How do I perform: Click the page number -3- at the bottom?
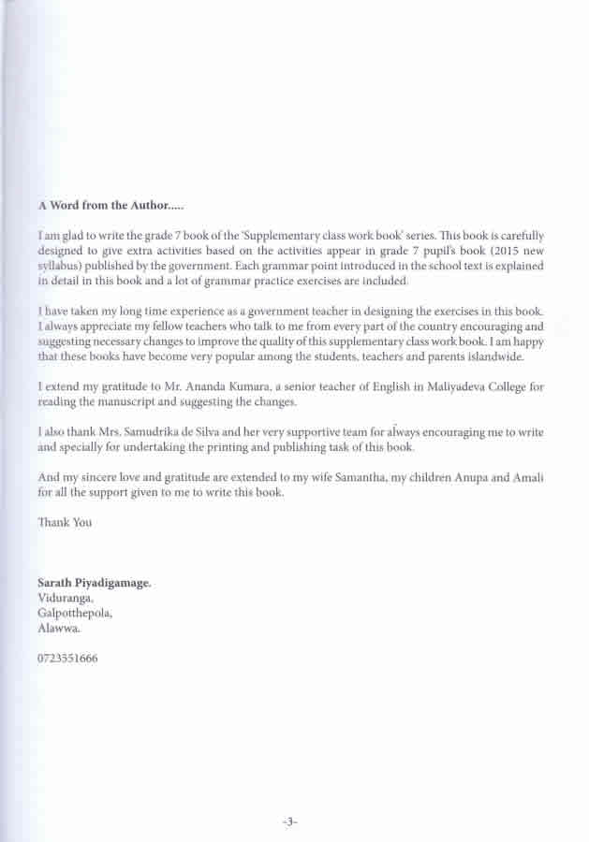click(x=289, y=821)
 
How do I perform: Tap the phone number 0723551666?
click(x=67, y=658)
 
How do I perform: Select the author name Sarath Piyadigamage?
click(x=94, y=582)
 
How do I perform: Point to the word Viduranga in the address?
click(x=66, y=598)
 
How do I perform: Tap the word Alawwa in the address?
click(x=59, y=629)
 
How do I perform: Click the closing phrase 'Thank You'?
click(x=65, y=522)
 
